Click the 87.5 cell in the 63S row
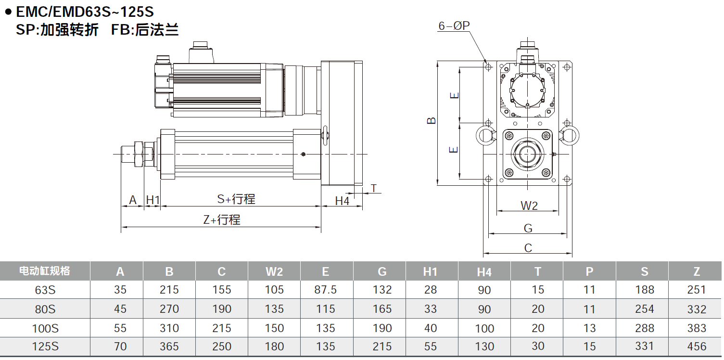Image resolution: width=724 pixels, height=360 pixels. [x=326, y=290]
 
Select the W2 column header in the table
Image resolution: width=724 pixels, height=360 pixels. [x=274, y=271]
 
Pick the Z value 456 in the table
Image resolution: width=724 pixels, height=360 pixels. [x=697, y=347]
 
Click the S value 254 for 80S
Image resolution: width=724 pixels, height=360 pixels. [x=644, y=309]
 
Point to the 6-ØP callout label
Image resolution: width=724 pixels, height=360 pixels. [x=454, y=26]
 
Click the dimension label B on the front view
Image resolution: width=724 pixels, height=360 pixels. [x=432, y=120]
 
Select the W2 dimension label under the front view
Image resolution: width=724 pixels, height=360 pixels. [x=529, y=206]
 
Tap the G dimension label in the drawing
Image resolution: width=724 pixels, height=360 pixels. [x=528, y=228]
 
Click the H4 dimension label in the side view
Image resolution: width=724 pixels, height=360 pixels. [x=342, y=201]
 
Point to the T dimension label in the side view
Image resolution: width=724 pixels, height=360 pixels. [x=374, y=188]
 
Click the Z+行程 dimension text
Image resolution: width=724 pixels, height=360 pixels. [x=221, y=220]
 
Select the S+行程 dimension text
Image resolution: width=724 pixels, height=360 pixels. [x=236, y=199]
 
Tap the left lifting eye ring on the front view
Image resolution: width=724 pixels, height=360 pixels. [x=485, y=135]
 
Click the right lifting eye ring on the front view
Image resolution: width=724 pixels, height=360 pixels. [x=569, y=135]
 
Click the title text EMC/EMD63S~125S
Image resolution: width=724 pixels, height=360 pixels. [x=85, y=11]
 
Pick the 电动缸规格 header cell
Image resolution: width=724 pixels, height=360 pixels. [x=45, y=271]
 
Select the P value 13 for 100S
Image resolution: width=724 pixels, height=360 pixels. [x=589, y=328]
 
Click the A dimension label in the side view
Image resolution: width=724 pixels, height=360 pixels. [x=133, y=200]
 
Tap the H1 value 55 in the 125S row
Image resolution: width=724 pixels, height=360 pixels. [x=431, y=347]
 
